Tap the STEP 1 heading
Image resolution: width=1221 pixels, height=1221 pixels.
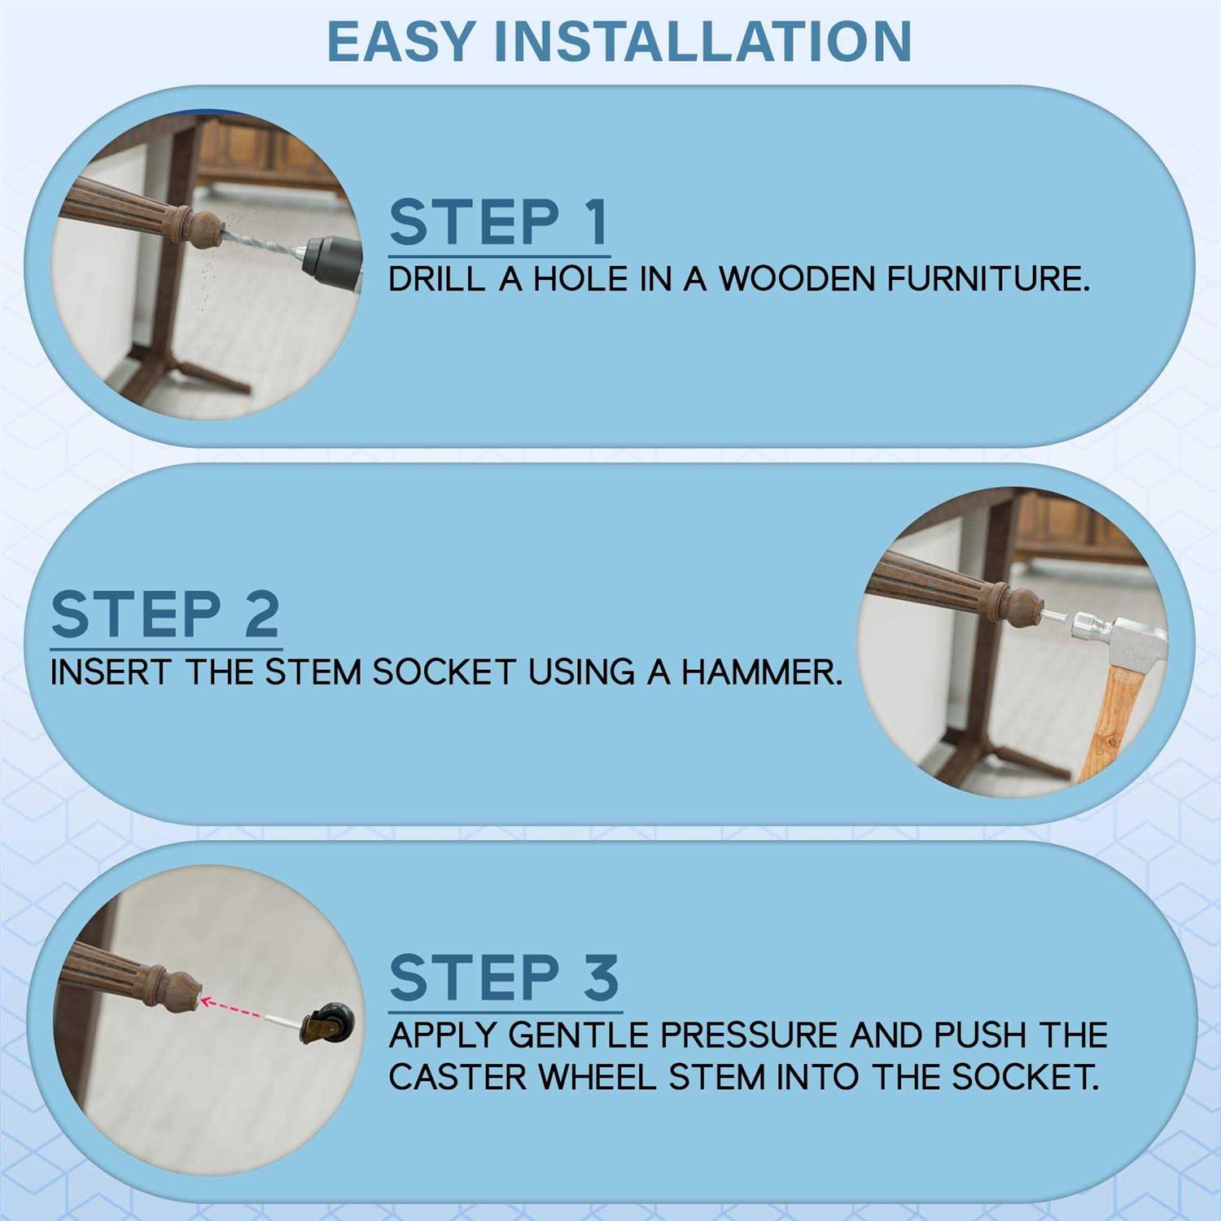[499, 221]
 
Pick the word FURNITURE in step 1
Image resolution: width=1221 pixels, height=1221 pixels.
[987, 279]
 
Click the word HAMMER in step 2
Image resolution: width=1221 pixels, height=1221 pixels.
[762, 672]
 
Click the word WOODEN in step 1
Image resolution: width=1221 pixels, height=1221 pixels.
[798, 279]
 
